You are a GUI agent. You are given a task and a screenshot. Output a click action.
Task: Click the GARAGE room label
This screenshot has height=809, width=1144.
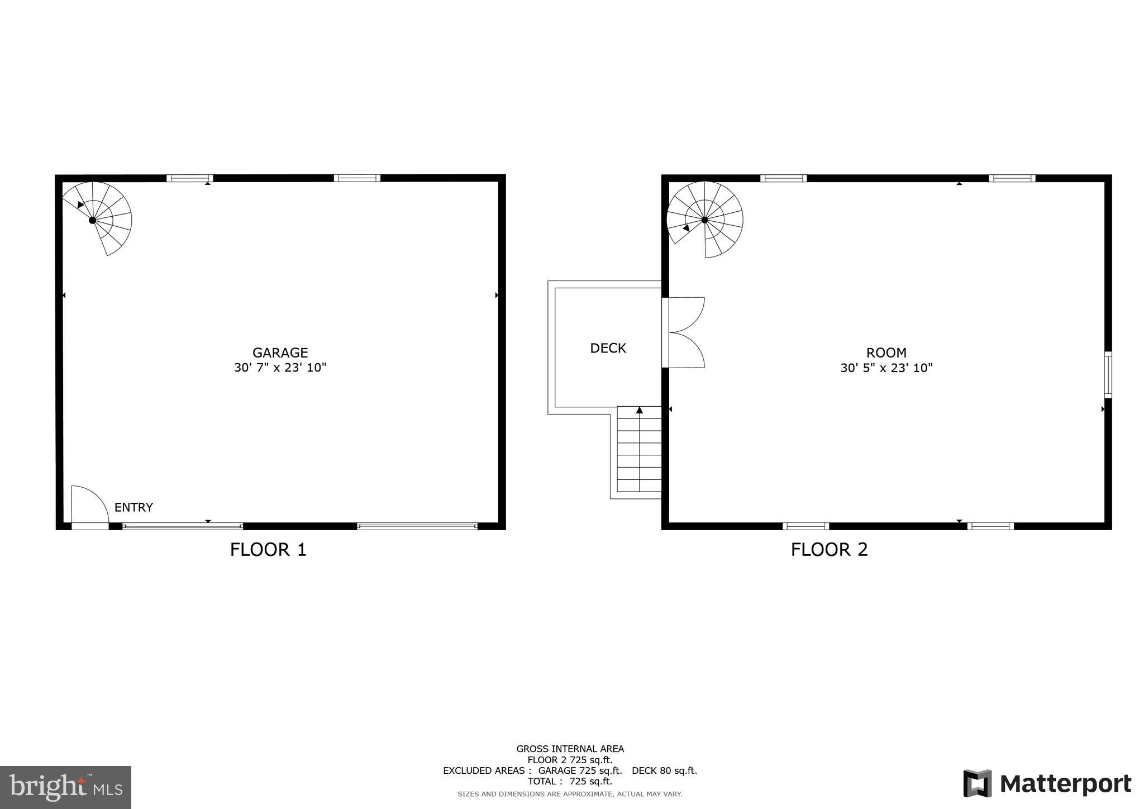pyautogui.click(x=280, y=353)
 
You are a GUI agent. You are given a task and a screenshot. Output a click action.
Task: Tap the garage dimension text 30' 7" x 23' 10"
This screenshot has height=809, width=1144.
pyautogui.click(x=280, y=368)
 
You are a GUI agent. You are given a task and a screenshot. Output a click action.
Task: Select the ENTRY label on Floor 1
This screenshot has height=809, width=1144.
pyautogui.click(x=134, y=507)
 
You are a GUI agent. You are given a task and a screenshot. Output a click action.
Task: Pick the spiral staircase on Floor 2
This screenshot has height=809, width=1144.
pyautogui.click(x=705, y=219)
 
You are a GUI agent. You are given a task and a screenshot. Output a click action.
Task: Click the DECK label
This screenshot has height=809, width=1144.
pyautogui.click(x=608, y=348)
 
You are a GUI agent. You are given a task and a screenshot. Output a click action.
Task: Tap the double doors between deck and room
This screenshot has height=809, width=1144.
pyautogui.click(x=684, y=332)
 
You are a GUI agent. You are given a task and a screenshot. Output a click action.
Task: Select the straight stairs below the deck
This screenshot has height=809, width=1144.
pyautogui.click(x=639, y=451)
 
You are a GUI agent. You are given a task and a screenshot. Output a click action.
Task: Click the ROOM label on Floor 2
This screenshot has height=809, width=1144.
pyautogui.click(x=886, y=353)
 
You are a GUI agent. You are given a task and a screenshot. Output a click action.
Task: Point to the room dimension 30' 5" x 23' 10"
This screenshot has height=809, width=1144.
pyautogui.click(x=886, y=368)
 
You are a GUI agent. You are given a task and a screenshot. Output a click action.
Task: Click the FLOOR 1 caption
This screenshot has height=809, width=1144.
pyautogui.click(x=268, y=550)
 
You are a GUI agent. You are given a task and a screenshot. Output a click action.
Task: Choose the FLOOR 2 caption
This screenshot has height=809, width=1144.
pyautogui.click(x=829, y=550)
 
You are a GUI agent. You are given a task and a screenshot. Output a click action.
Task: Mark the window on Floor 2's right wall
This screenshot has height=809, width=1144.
pyautogui.click(x=1108, y=374)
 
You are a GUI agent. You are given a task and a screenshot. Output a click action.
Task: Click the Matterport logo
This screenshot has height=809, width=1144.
pyautogui.click(x=1047, y=783)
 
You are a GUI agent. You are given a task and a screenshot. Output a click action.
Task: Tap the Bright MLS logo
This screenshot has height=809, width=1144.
pyautogui.click(x=65, y=787)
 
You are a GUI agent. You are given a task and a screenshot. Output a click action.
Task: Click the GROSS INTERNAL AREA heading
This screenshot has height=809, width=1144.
pyautogui.click(x=570, y=749)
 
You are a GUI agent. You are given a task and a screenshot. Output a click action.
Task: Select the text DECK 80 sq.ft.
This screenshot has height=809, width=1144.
pyautogui.click(x=664, y=770)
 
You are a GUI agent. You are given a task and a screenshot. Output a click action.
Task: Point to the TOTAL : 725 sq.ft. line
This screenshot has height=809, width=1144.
pyautogui.click(x=570, y=781)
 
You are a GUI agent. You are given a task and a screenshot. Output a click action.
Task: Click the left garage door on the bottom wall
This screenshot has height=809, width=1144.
pyautogui.click(x=183, y=526)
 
